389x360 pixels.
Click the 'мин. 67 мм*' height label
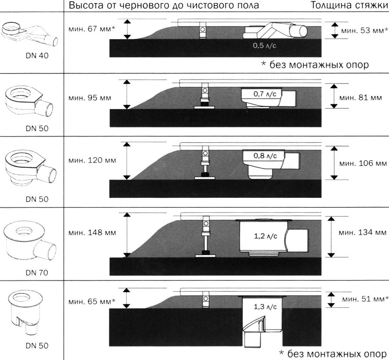point(92,29)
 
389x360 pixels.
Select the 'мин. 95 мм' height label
point(90,97)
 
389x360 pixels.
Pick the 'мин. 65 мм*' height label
point(92,301)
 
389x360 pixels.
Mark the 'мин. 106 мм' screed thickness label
point(363,163)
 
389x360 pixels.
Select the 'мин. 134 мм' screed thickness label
point(363,233)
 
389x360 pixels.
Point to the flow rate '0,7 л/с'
point(265,93)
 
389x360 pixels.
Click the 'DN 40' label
point(37,56)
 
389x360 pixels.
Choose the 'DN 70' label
point(37,273)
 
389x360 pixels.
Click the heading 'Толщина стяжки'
point(349,6)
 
